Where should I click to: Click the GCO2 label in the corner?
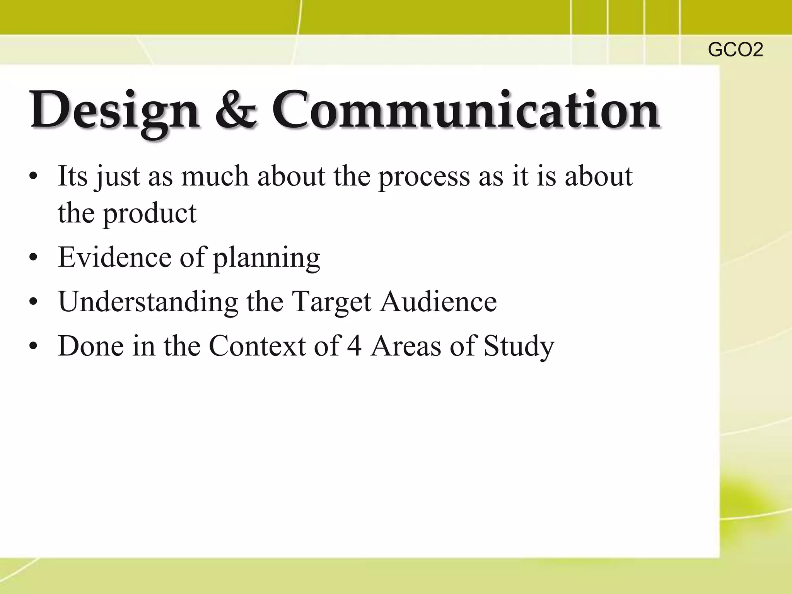tap(735, 50)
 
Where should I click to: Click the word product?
tap(150, 214)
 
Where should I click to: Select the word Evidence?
tap(114, 257)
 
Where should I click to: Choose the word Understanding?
tap(148, 301)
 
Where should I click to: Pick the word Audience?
tap(438, 301)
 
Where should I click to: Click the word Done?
tap(91, 345)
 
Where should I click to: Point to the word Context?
tap(257, 345)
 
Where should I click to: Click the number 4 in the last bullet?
tap(354, 345)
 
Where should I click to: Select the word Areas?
tap(406, 345)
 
